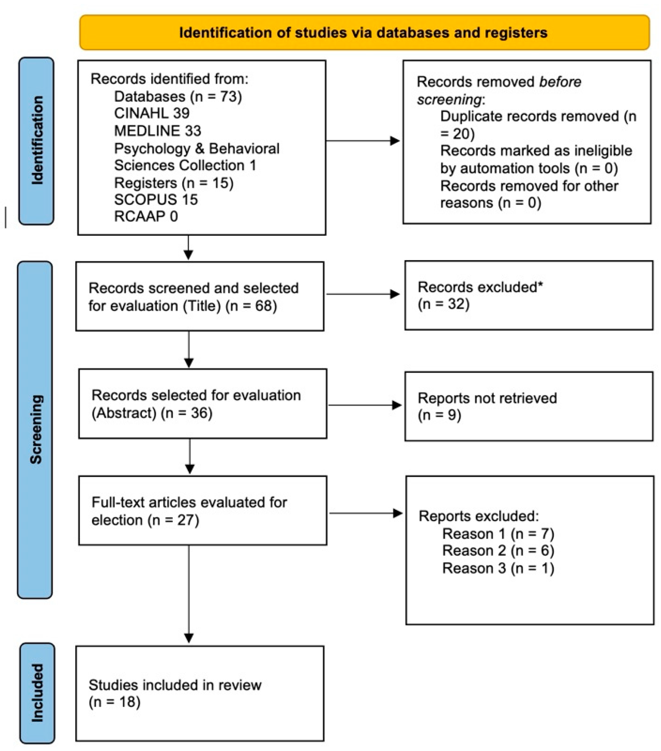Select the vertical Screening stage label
(36, 429)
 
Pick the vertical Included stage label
(37, 693)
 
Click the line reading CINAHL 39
(152, 113)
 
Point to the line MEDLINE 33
(158, 131)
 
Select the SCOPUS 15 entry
(156, 200)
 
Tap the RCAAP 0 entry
(146, 216)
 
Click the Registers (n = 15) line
(174, 183)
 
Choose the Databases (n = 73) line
(178, 97)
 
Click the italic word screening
(449, 99)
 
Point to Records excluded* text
(480, 287)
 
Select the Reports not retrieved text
(487, 398)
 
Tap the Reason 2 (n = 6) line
(498, 550)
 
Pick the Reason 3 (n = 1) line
(498, 568)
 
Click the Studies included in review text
(175, 685)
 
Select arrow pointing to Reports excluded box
(365, 513)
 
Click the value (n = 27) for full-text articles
(173, 520)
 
